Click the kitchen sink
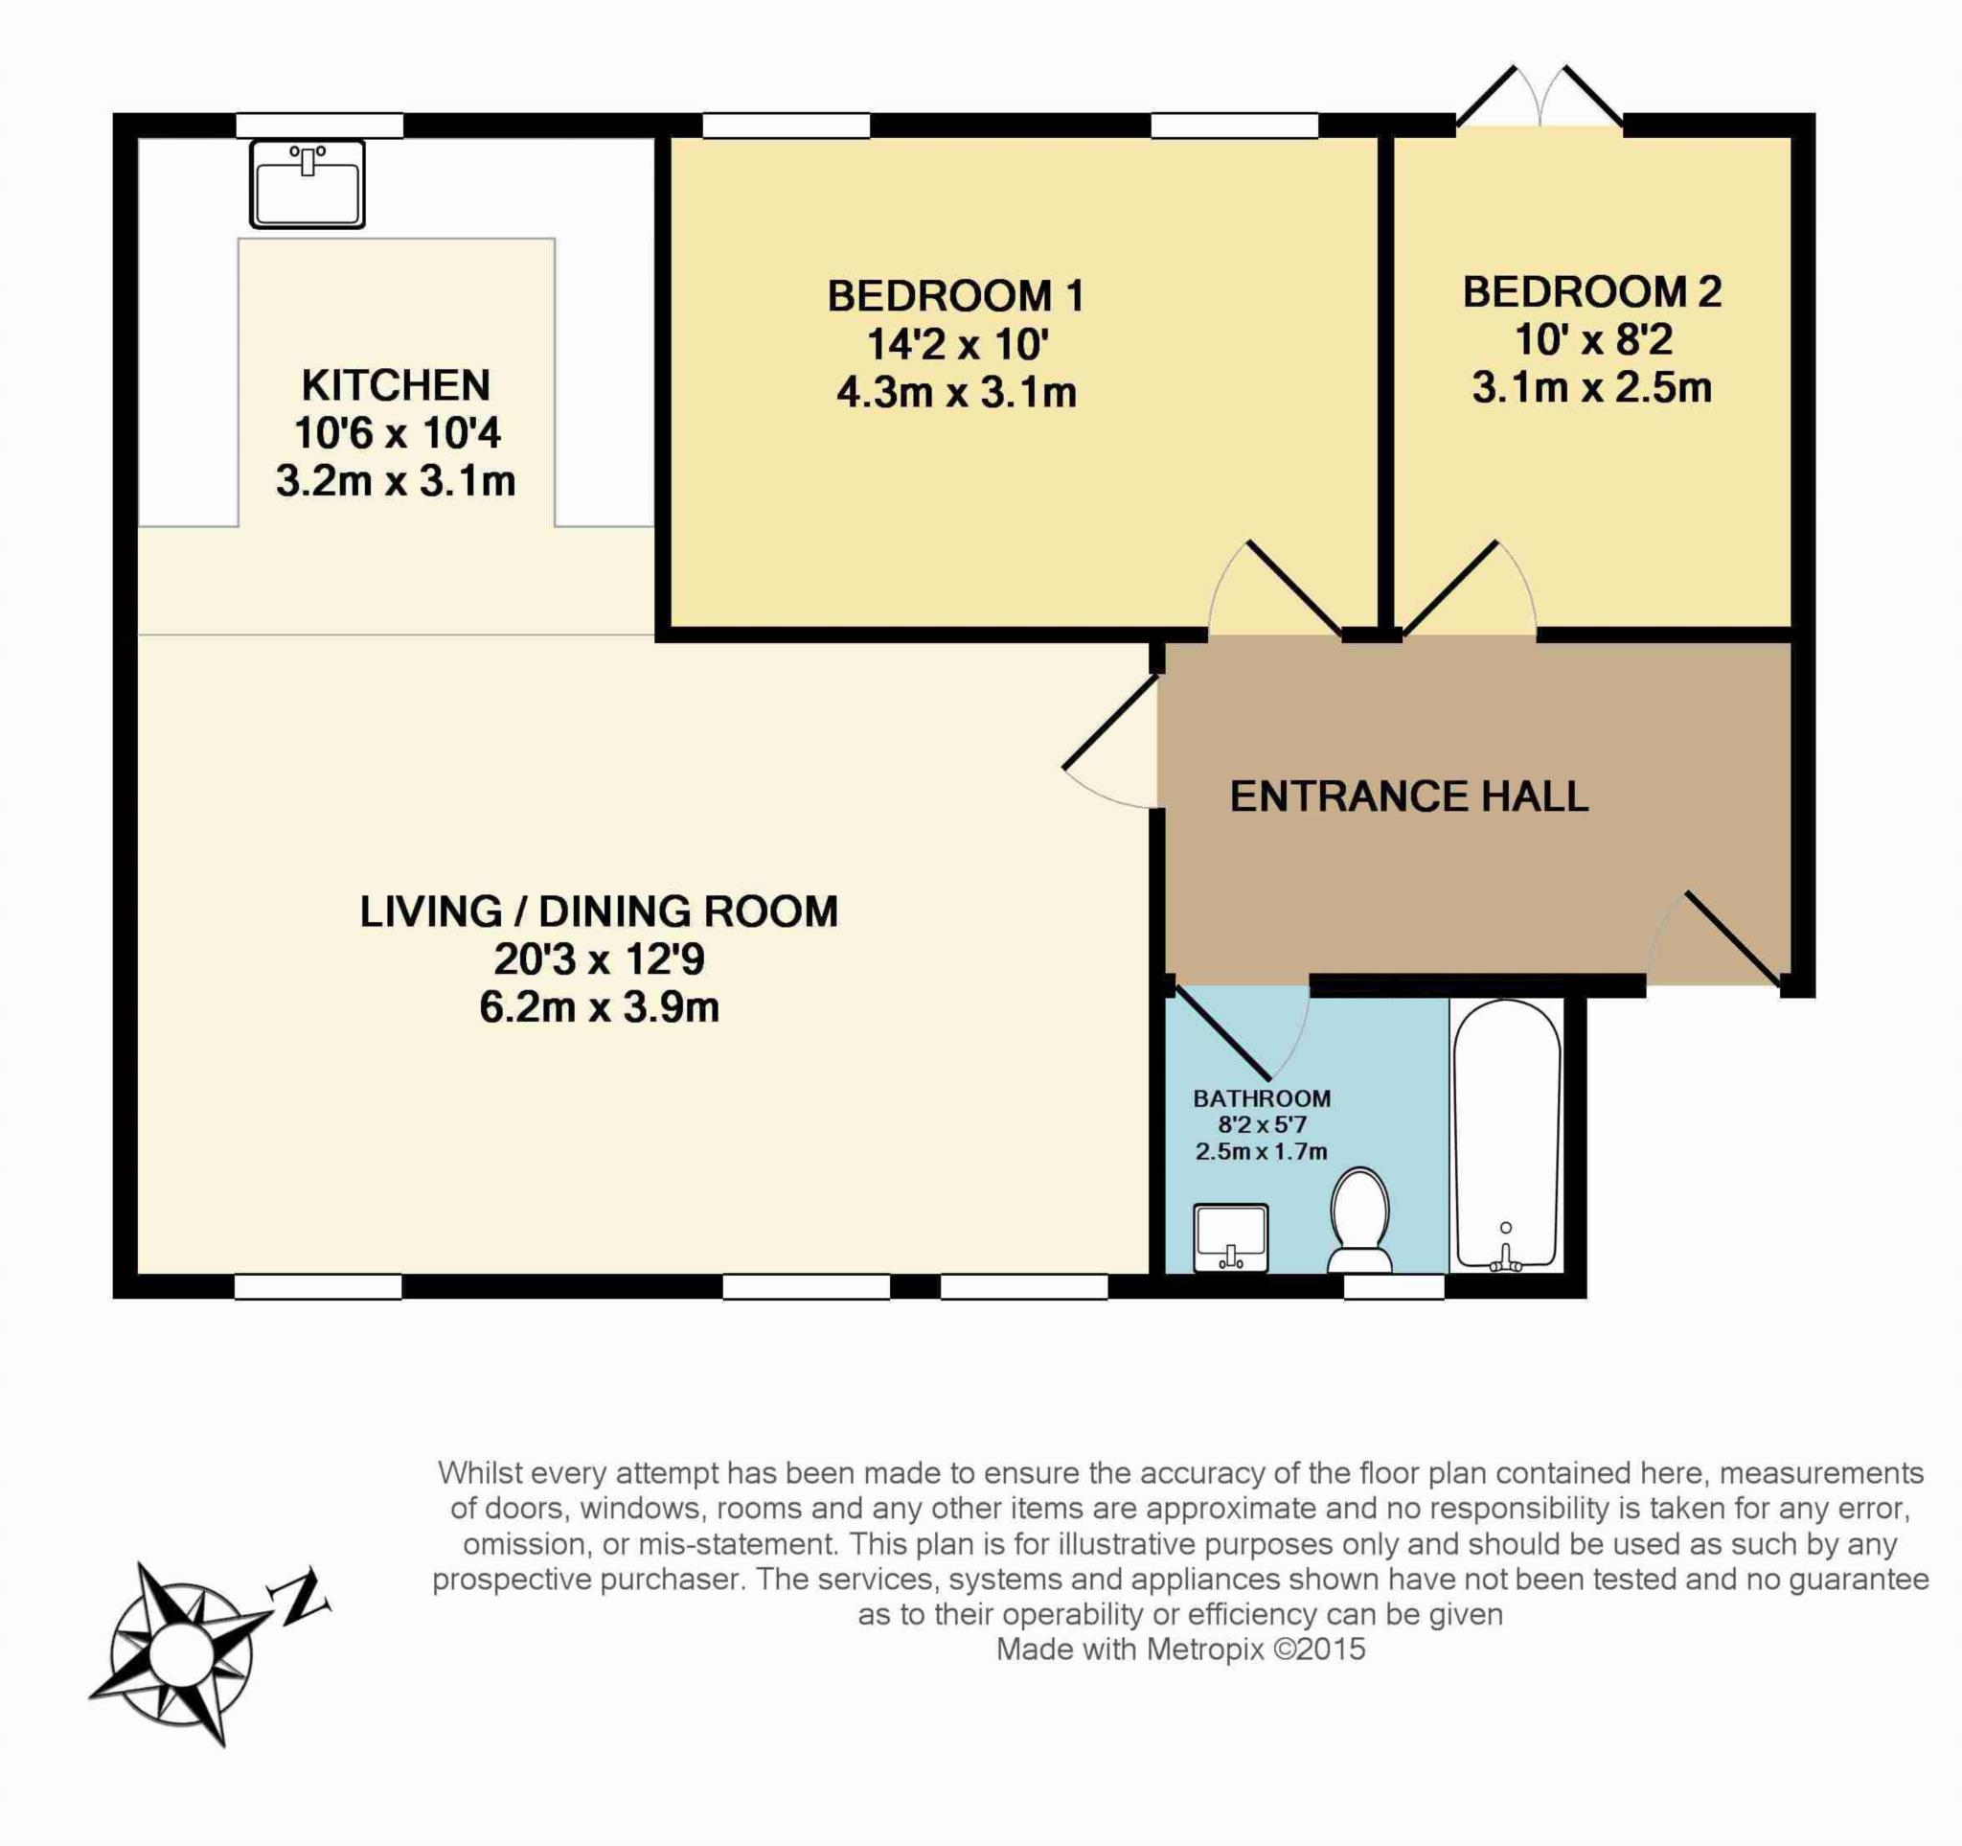tap(307, 184)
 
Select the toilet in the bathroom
tap(1360, 1220)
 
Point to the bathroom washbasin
tap(1231, 1238)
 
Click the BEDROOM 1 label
tap(955, 296)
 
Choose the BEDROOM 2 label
tap(1592, 292)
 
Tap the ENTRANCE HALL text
tap(1409, 796)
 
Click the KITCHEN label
tap(396, 385)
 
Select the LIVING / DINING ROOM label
tap(599, 911)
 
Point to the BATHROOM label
tap(1262, 1098)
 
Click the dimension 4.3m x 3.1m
tap(955, 393)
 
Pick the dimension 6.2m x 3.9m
tap(599, 1008)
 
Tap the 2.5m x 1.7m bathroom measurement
tap(1262, 1151)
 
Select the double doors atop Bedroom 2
tap(1539, 97)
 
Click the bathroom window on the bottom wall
tap(1395, 1286)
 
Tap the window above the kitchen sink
tap(320, 126)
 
